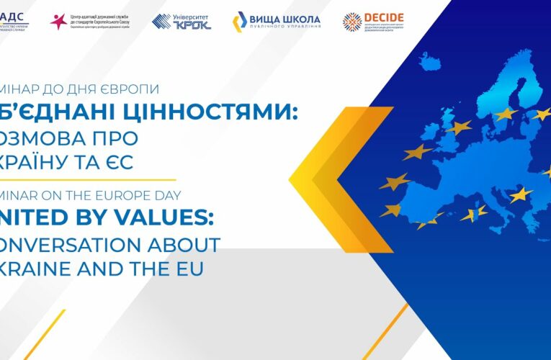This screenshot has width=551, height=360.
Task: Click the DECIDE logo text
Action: click(383, 17)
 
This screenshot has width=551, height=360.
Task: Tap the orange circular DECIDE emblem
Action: click(352, 22)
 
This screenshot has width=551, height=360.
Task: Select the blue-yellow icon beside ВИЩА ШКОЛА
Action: click(239, 22)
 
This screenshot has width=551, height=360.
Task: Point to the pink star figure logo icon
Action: click(58, 21)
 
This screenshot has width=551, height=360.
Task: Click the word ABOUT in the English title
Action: click(187, 244)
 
